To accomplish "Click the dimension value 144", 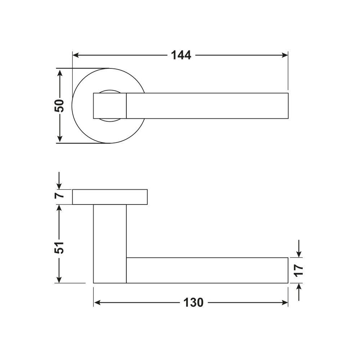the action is tap(181, 55).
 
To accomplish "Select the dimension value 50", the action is tap(59, 105).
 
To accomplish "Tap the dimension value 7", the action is tap(59, 195).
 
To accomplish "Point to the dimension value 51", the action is tap(59, 247).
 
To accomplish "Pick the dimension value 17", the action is tap(298, 270).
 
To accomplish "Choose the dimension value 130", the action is tap(193, 303).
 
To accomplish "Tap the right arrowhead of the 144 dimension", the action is tap(284, 55).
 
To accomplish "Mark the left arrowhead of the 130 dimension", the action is tap(97, 303).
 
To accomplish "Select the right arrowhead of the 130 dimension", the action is tap(284, 303).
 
